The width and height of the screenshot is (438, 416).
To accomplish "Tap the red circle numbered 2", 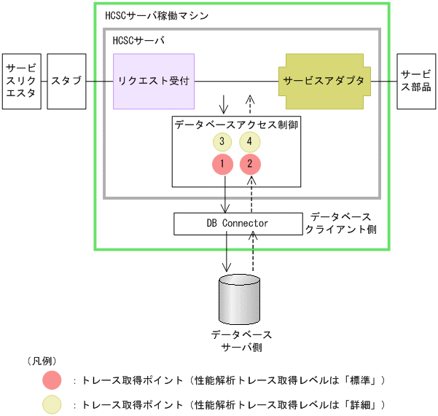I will point(251,164).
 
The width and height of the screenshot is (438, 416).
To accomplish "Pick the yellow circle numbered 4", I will point(249,141).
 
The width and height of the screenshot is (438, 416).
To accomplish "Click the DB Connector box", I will point(238,224).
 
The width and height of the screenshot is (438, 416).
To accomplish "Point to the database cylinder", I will point(240,299).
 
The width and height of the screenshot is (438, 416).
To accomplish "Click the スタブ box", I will point(66,81).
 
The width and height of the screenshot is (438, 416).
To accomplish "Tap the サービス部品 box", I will point(416,81).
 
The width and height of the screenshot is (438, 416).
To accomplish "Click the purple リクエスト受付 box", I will point(154,81).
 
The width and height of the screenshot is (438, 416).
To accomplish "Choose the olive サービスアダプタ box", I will point(324,81).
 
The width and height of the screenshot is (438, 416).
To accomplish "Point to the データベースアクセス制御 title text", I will point(236,125).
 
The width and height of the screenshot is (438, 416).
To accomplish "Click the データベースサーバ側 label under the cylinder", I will point(241,340).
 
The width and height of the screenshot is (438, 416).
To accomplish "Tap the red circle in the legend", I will point(52,380).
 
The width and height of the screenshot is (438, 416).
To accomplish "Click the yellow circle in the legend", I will point(52,404).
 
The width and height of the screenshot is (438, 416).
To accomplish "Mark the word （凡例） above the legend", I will point(42,361).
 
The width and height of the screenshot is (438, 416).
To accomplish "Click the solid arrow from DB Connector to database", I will point(227,254).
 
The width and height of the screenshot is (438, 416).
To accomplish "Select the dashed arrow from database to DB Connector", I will point(252,254).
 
